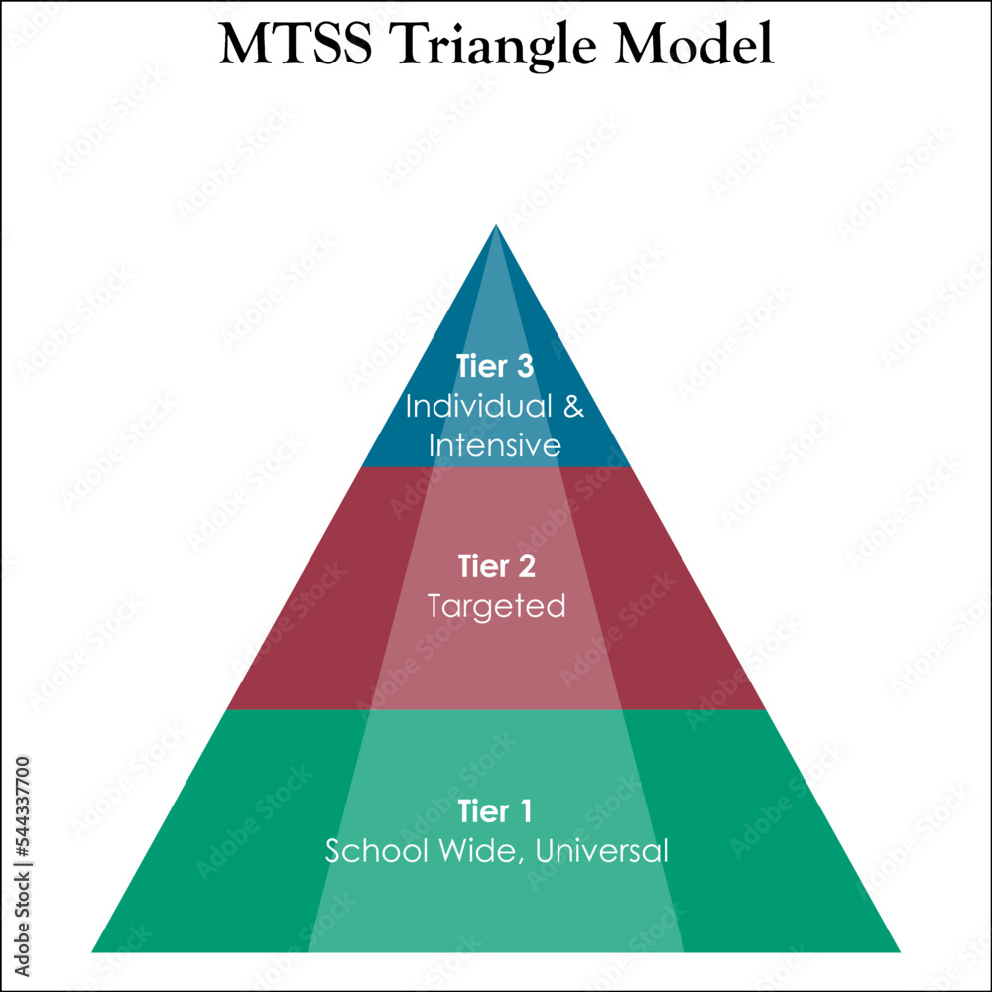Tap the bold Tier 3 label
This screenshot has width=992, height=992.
(x=495, y=366)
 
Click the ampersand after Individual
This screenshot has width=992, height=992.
(x=572, y=406)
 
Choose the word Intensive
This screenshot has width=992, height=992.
(x=495, y=445)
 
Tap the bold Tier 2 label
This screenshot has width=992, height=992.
(x=496, y=566)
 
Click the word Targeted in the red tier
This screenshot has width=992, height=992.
(x=496, y=606)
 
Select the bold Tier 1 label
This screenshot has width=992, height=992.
(x=495, y=811)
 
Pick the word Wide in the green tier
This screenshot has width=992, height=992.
(x=465, y=851)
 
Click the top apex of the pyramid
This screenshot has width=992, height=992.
(x=496, y=227)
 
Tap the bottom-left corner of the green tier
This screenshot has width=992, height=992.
(x=94, y=950)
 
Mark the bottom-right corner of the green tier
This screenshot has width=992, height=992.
(x=898, y=950)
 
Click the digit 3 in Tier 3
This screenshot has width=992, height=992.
(x=525, y=366)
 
